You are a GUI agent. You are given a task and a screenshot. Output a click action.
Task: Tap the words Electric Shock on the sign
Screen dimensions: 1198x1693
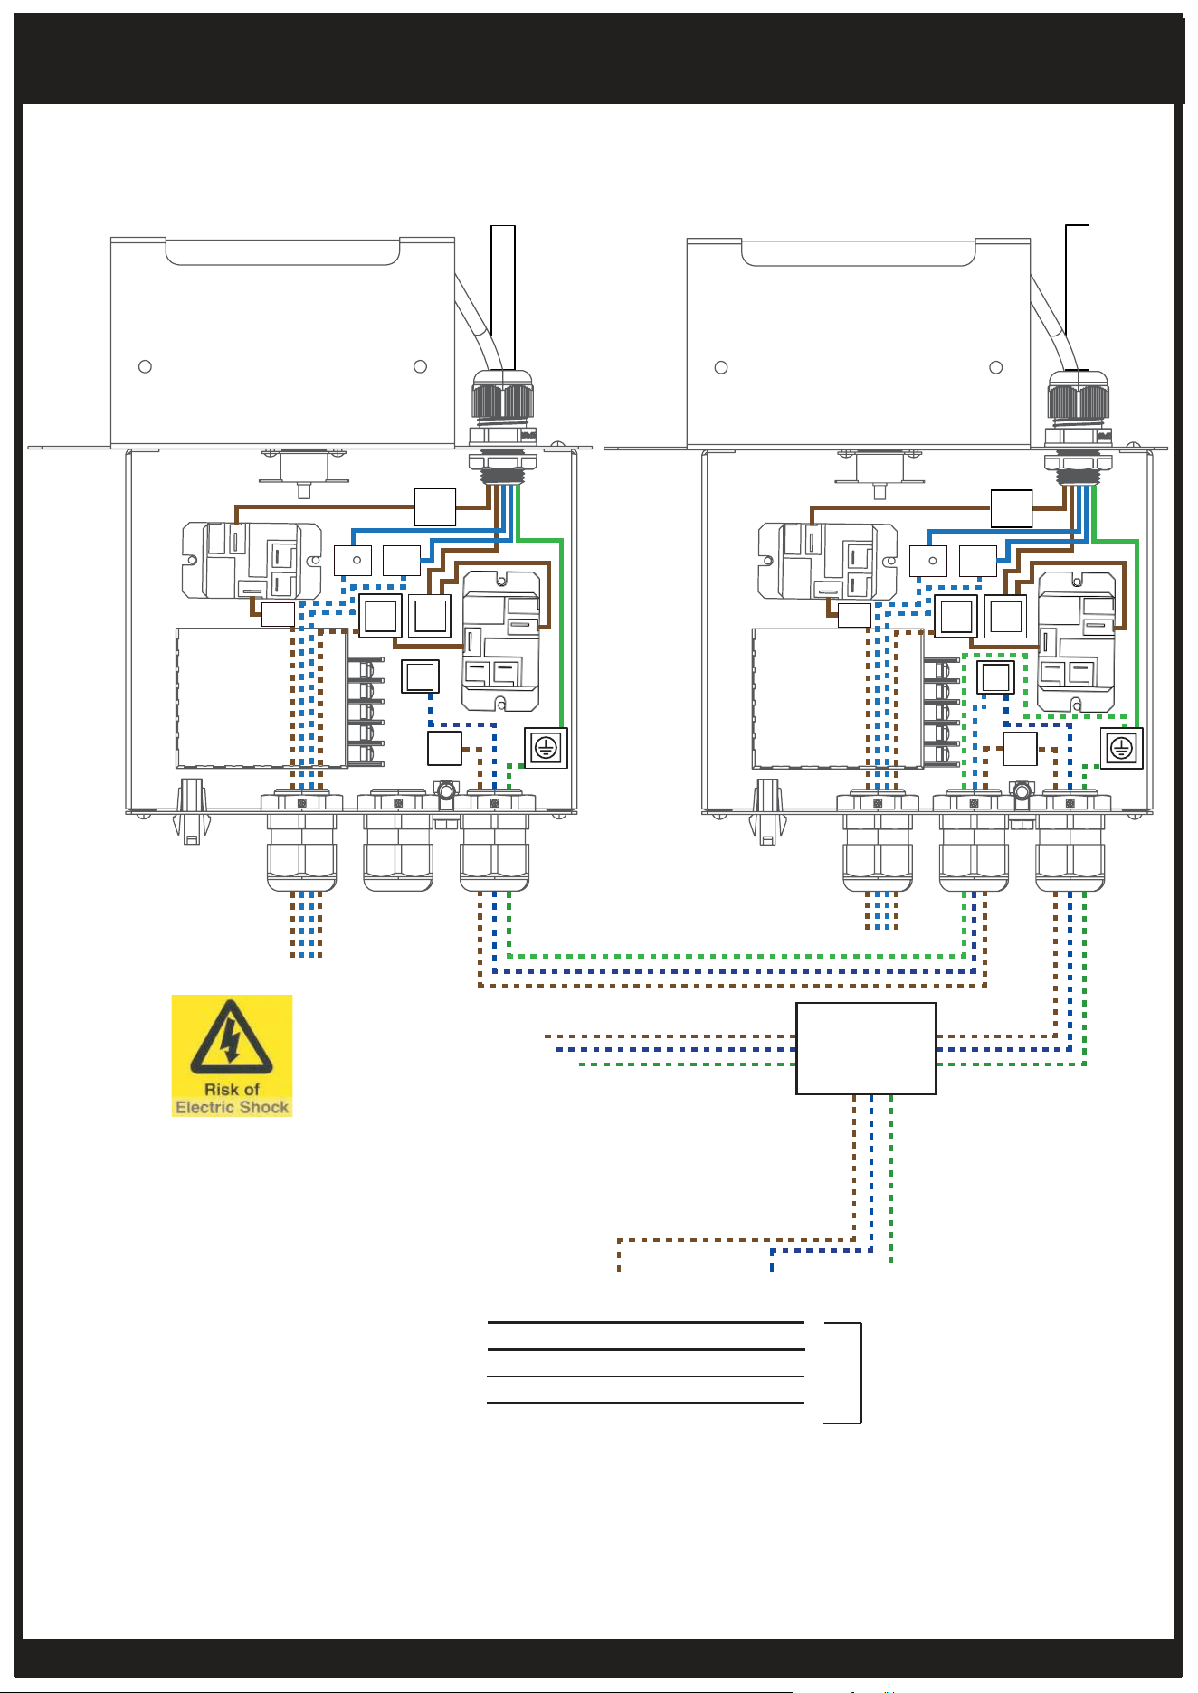tap(232, 1107)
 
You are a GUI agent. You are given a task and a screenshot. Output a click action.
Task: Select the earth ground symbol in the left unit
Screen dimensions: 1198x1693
tap(546, 748)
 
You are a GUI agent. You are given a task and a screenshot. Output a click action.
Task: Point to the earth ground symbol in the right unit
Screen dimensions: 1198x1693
tap(1122, 748)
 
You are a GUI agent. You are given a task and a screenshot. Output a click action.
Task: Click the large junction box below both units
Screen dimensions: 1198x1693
tap(866, 1048)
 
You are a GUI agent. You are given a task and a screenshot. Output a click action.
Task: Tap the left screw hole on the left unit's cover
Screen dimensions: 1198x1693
tap(145, 366)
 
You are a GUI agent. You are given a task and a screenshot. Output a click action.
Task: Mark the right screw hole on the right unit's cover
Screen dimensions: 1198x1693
tap(996, 367)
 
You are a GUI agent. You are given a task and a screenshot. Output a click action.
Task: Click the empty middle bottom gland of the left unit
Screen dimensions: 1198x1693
tap(397, 840)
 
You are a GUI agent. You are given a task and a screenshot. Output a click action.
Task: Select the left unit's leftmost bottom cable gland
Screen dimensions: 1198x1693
tap(301, 840)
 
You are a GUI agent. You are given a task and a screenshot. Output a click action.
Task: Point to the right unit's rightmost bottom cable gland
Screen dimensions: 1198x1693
tap(1070, 840)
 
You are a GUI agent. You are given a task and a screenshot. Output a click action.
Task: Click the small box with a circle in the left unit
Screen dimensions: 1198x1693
tap(353, 561)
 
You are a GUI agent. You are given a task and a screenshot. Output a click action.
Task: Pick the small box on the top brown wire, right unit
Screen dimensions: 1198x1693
tap(1012, 508)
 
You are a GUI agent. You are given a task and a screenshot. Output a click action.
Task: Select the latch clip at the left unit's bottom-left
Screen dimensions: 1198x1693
tap(191, 810)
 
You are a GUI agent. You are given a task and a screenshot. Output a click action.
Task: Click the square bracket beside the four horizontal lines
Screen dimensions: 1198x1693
tap(850, 1373)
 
